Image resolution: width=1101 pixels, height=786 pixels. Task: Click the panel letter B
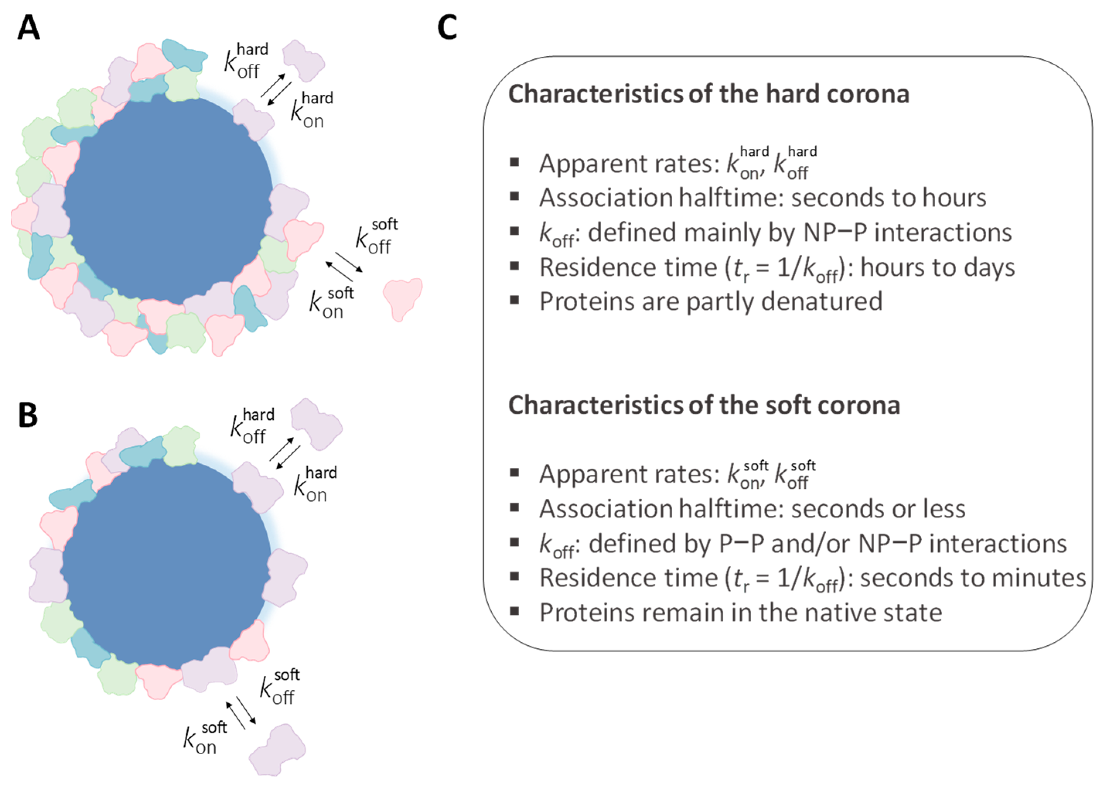[28, 415]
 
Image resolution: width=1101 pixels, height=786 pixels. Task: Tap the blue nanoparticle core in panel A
[167, 198]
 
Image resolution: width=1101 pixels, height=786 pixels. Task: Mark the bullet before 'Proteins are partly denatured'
[515, 300]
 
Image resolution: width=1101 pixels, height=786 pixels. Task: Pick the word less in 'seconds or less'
[943, 509]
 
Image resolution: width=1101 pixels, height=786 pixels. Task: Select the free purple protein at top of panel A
[303, 60]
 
